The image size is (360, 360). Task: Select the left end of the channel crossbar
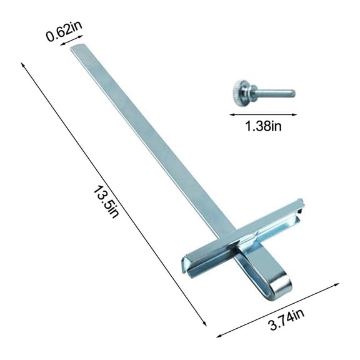point(186,263)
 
